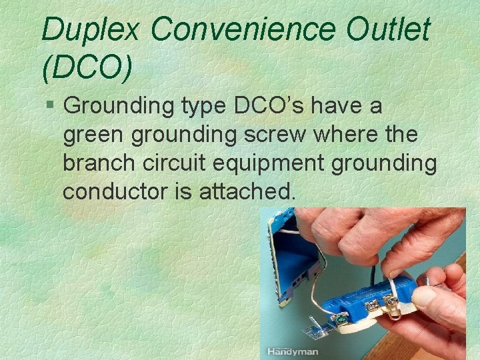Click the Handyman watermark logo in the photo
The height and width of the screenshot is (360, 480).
coord(293,351)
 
